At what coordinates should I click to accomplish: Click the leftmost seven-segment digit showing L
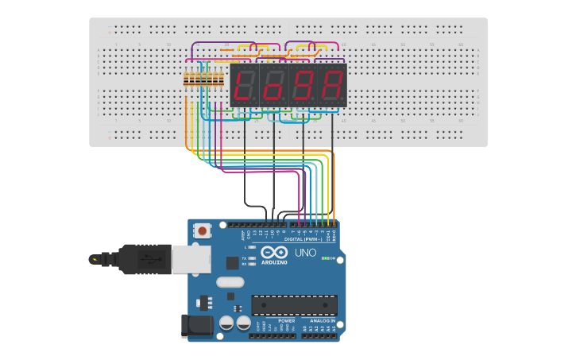[244, 86]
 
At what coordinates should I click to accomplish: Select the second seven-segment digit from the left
[273, 86]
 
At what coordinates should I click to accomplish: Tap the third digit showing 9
[303, 86]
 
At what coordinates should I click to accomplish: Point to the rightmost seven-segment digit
[332, 86]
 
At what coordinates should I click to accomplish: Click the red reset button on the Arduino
[203, 231]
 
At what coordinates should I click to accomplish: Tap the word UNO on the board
[306, 253]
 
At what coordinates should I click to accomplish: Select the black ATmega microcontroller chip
[294, 304]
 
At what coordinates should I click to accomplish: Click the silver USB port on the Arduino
[191, 259]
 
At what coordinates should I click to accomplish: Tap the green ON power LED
[325, 258]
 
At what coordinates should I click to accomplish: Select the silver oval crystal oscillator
[230, 281]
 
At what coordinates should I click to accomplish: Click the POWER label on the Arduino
[275, 320]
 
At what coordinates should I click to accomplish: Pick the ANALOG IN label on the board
[322, 320]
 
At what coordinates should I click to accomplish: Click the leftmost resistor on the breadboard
[187, 79]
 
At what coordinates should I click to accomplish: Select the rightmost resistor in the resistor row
[222, 79]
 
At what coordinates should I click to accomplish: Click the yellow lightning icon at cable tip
[95, 259]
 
